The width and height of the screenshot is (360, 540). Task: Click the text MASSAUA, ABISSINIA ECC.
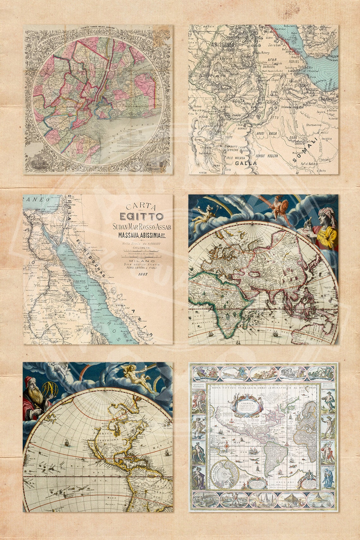click(x=141, y=235)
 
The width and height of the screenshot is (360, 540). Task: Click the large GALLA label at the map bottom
click(x=246, y=163)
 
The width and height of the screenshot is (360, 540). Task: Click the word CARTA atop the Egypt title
click(x=141, y=207)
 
